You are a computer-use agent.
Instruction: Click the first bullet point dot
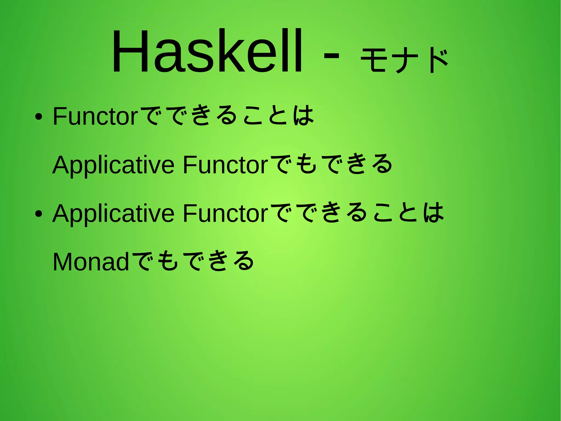coord(39,117)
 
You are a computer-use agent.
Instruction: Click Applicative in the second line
coord(113,165)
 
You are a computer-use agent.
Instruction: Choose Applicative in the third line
coord(113,214)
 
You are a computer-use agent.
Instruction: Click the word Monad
coord(91,262)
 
